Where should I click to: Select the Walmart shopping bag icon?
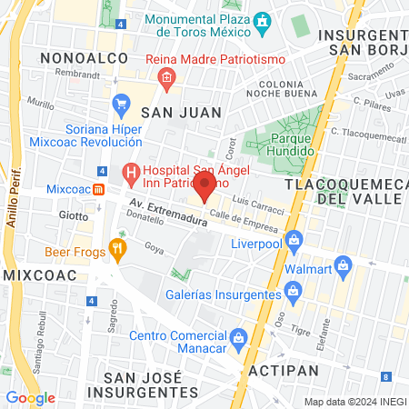pyautogui.click(x=343, y=265)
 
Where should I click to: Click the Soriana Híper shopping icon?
pyautogui.click(x=121, y=106)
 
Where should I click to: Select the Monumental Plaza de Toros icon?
pyautogui.click(x=262, y=20)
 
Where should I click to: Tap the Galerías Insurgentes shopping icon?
pyautogui.click(x=293, y=292)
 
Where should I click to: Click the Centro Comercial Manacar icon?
pyautogui.click(x=237, y=336)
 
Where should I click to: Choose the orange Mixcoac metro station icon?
pyautogui.click(x=100, y=188)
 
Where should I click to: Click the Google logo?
pyautogui.click(x=30, y=397)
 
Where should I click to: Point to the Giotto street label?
pyautogui.click(x=74, y=216)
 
